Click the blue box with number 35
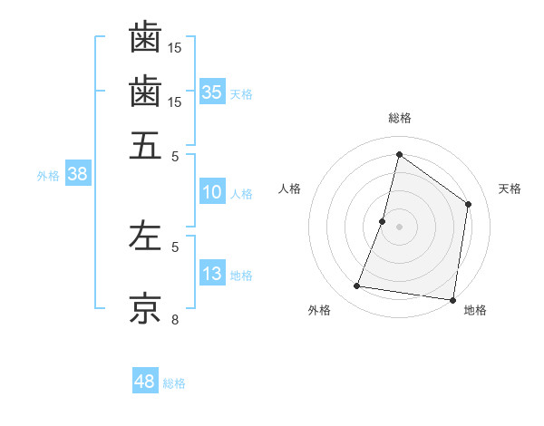pyautogui.click(x=212, y=92)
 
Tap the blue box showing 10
pyautogui.click(x=212, y=192)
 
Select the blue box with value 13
pyautogui.click(x=212, y=274)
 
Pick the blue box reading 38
pyautogui.click(x=77, y=175)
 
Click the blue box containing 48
pyautogui.click(x=145, y=382)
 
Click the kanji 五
pyautogui.click(x=145, y=146)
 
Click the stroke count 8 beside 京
pyautogui.click(x=175, y=319)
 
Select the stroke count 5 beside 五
pyautogui.click(x=175, y=155)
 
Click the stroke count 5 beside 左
pyautogui.click(x=175, y=246)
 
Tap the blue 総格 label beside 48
pyautogui.click(x=174, y=383)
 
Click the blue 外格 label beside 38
pyautogui.click(x=48, y=176)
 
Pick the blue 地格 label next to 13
pyautogui.click(x=241, y=275)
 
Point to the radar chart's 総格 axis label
pyautogui.click(x=400, y=118)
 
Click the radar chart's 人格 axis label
pyautogui.click(x=290, y=189)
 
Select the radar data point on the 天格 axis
pyautogui.click(x=469, y=204)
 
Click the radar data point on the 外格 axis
pyautogui.click(x=357, y=286)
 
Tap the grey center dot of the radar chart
pyautogui.click(x=400, y=226)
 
